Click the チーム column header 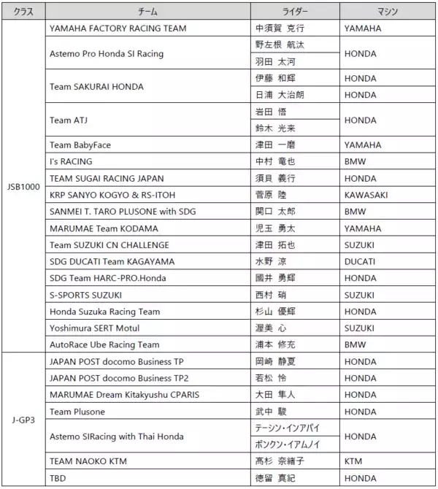147,12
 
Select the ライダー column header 295,12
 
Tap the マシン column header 386,12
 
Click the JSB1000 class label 23,186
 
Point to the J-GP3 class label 23,420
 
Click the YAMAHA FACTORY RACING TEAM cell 118,28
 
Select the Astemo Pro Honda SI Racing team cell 107,53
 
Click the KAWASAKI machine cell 366,195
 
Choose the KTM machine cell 353,461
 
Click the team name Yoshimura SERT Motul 94,328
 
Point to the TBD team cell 58,478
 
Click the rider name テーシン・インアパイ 288,428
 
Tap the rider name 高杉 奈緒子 280,461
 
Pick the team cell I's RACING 71,161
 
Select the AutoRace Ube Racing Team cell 104,344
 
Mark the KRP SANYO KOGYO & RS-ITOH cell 113,195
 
